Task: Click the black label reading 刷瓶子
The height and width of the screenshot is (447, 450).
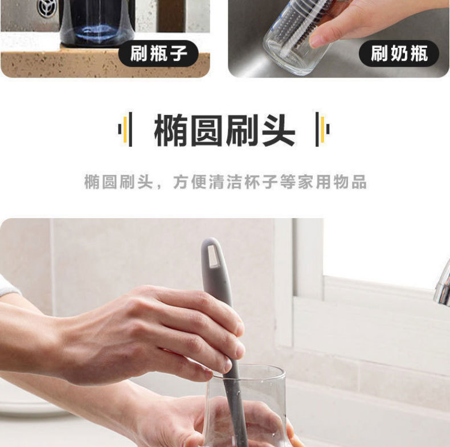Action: click(x=158, y=55)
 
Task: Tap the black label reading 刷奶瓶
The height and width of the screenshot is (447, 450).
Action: click(x=399, y=55)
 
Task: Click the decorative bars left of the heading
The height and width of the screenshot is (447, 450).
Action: click(x=126, y=129)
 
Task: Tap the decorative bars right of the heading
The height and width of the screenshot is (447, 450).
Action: click(x=322, y=129)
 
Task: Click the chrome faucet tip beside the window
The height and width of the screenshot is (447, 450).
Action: click(x=442, y=288)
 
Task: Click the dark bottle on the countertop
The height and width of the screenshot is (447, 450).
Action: click(x=97, y=23)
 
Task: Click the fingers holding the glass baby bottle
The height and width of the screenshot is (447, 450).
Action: click(x=336, y=26)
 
